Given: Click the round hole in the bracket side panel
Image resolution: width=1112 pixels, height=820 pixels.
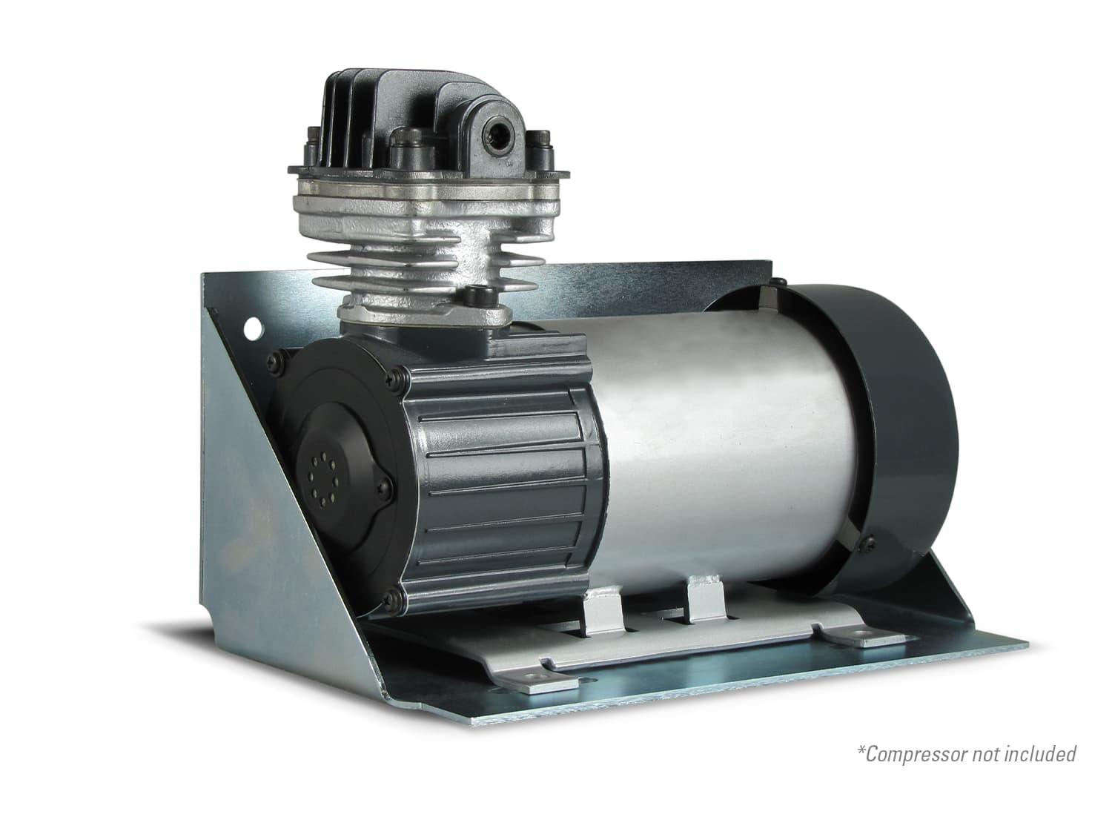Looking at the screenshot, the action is tap(254, 328).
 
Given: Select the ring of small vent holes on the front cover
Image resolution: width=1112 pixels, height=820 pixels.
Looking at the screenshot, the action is tap(323, 476).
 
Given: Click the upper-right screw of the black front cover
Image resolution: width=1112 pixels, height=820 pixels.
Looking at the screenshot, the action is tap(394, 378).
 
